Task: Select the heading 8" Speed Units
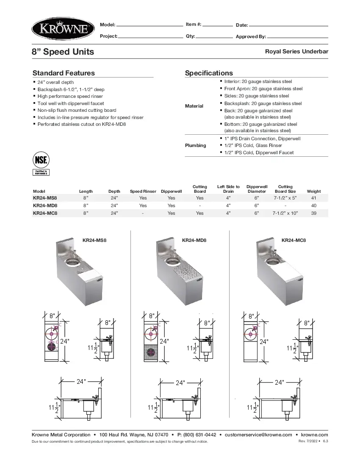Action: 63,52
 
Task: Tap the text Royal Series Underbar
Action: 296,51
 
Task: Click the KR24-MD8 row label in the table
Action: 45,205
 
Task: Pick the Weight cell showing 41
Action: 313,198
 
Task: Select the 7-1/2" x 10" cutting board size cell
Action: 285,213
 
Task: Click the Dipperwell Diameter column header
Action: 257,189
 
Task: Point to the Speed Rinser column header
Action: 143,191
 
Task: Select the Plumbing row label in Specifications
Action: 195,145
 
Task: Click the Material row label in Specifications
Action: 194,106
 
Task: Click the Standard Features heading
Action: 64,73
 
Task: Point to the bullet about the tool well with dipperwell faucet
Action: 71,103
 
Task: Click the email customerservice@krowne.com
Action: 258,435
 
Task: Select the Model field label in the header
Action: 107,25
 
